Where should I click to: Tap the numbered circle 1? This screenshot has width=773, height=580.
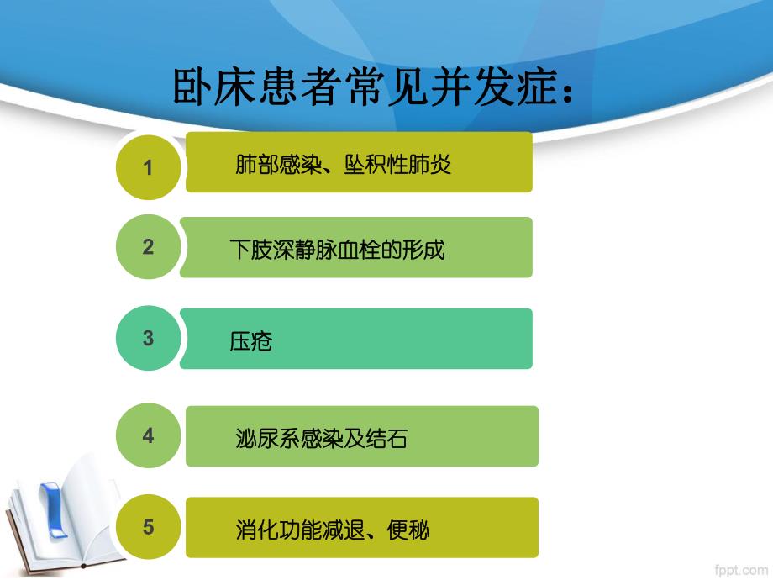tap(148, 166)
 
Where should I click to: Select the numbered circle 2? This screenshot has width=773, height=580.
tap(148, 247)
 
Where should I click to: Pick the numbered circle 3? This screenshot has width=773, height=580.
tap(148, 339)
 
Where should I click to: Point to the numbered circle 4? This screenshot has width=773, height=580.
tap(148, 436)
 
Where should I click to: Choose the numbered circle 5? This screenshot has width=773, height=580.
tap(148, 527)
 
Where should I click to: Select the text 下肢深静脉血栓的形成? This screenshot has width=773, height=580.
tap(337, 249)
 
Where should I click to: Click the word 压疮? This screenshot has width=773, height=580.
tap(251, 341)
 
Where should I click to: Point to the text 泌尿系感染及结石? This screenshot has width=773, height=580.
tap(321, 438)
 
